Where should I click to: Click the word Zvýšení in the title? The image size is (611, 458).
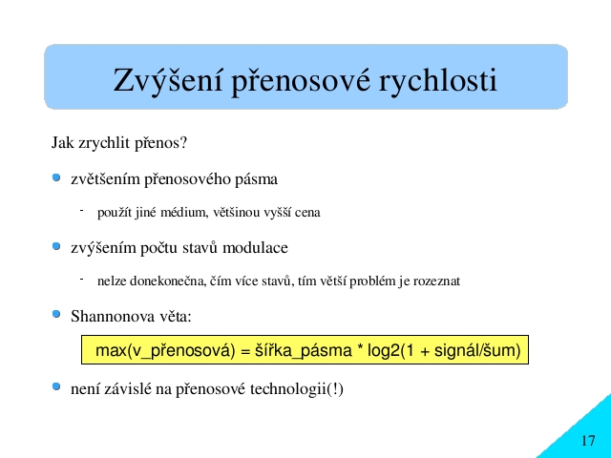pos(168,80)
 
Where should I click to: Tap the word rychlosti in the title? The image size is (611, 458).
pos(438,80)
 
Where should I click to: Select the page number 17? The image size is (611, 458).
pos(588,441)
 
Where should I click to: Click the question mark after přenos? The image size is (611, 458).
pos(183,142)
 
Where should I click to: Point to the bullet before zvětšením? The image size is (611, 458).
pos(56,178)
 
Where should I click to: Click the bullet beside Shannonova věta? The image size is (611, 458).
pos(56,314)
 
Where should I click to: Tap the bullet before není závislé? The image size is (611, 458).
pos(56,386)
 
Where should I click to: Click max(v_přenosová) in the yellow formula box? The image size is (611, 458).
pos(165,350)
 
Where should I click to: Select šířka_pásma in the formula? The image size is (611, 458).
pos(304,350)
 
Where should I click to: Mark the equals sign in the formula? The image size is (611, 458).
pos(245,351)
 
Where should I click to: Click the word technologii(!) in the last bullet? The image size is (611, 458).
pos(297,389)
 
